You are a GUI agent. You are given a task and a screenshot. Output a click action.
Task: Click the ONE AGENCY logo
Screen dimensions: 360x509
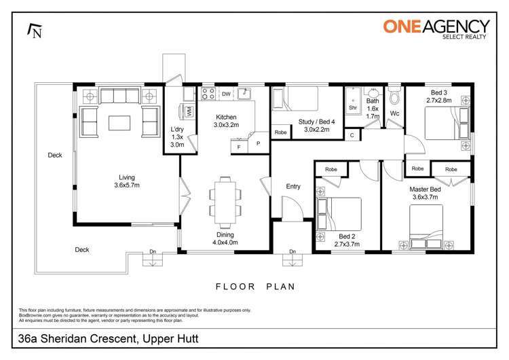coord(436,29)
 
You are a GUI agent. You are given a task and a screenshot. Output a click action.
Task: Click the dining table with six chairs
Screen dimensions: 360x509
coord(223,198)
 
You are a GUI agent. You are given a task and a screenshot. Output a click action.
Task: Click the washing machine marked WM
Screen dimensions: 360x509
coord(188,109)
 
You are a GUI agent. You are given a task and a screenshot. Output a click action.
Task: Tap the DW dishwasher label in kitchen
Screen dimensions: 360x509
coord(225,94)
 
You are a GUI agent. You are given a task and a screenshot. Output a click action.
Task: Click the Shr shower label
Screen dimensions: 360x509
coord(353,107)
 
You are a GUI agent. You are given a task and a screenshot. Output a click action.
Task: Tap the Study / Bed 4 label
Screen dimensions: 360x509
coord(316,126)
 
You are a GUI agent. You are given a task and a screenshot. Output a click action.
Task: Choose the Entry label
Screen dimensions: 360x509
coord(293,186)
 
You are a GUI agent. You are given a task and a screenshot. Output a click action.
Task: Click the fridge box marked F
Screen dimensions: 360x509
coord(239,146)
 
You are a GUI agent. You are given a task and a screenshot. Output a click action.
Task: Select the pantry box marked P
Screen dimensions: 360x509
coord(258,143)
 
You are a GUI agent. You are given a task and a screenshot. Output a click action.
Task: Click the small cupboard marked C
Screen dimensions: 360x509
coord(352,135)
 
